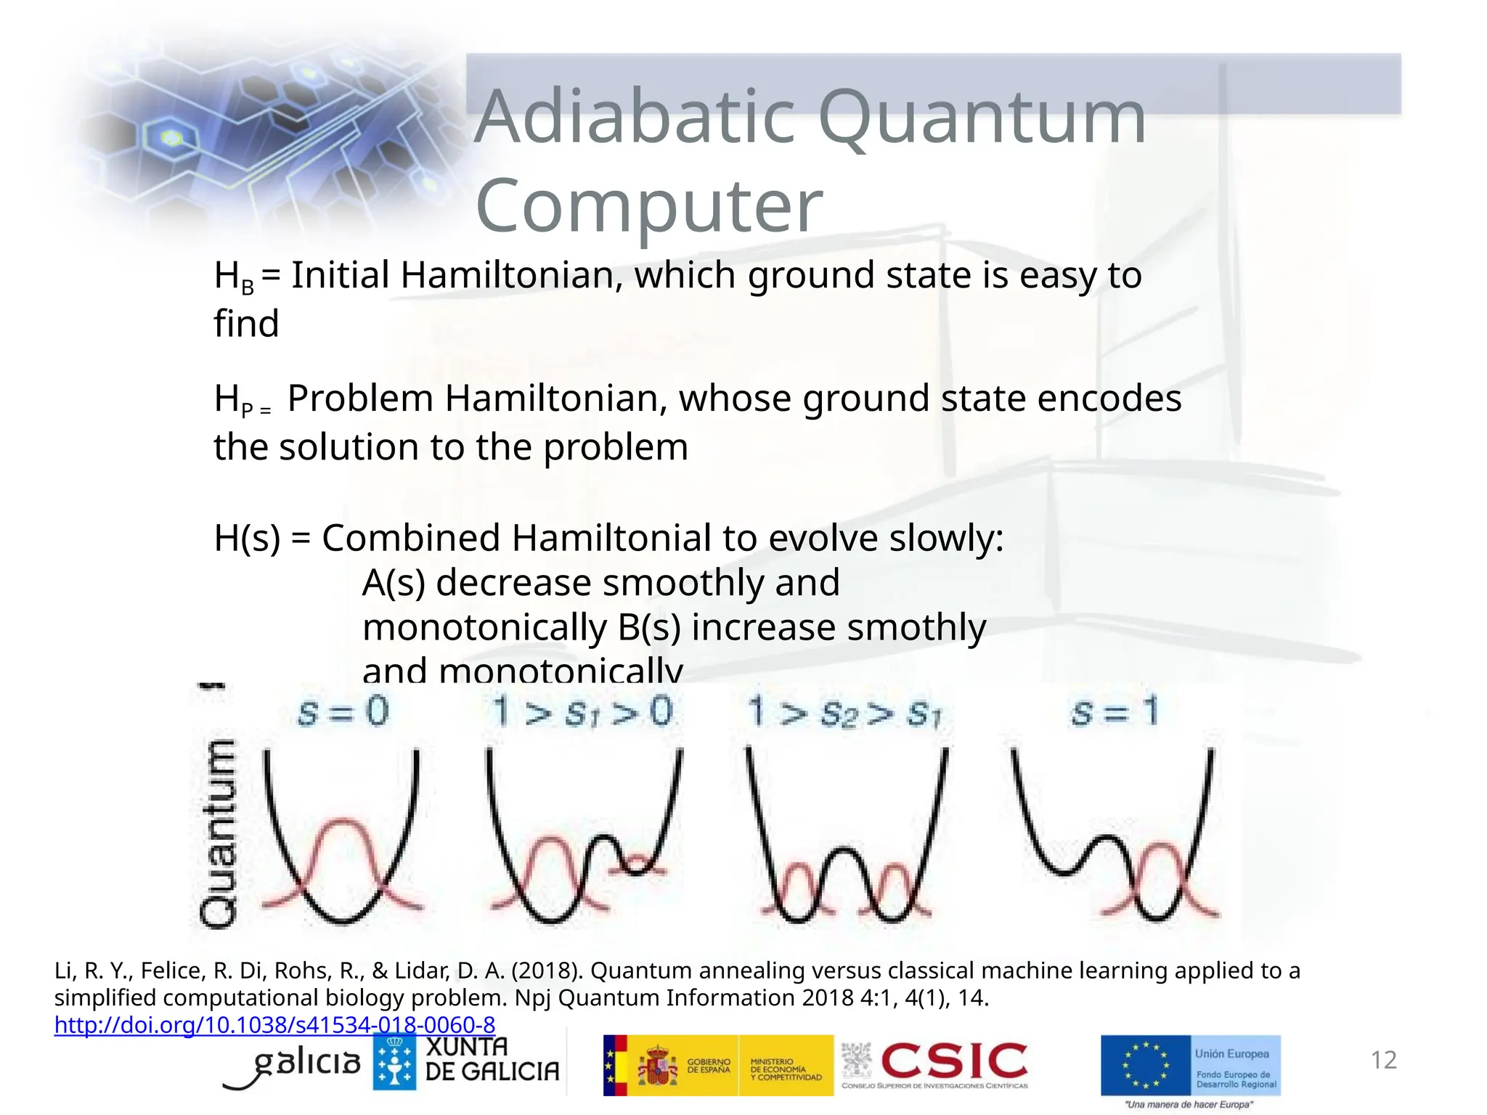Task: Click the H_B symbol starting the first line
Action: pos(234,277)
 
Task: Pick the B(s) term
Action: pos(648,627)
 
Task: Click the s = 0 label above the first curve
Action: pos(343,711)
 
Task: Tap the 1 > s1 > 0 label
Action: pos(582,711)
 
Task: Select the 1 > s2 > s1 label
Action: pos(844,712)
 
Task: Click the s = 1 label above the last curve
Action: pos(1114,711)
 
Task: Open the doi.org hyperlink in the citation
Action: pos(274,1024)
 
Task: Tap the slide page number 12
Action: pos(1383,1060)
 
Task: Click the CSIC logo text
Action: pos(953,1061)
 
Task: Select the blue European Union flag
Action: pos(1146,1065)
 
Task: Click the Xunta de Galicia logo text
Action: pos(492,1059)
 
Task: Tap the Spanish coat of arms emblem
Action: pos(657,1066)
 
